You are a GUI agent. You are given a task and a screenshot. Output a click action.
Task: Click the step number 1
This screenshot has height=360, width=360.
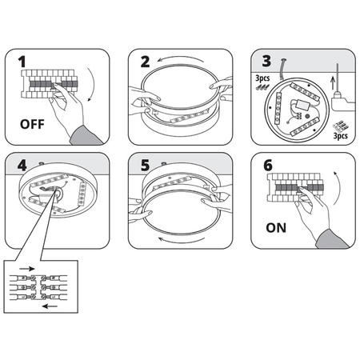22,62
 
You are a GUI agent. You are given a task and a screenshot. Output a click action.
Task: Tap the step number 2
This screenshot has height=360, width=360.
145,62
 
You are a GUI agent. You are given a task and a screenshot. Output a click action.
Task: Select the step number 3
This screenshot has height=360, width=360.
266,61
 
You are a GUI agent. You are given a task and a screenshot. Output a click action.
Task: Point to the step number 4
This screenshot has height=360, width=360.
22,166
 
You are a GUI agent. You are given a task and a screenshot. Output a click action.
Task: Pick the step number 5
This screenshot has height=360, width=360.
145,166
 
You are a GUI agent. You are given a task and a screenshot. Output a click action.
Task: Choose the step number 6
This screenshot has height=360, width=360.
268,166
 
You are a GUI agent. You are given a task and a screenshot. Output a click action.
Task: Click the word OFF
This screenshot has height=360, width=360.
32,124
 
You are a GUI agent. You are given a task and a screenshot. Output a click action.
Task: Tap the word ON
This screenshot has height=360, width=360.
276,228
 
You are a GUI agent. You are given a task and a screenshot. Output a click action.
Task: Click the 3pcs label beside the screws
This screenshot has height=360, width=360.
262,78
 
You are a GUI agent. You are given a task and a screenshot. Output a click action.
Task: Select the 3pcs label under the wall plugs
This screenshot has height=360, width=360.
341,136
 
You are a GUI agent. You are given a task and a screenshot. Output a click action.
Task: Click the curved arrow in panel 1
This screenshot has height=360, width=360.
94,85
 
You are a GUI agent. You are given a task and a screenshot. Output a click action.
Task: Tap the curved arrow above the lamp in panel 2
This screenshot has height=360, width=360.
181,57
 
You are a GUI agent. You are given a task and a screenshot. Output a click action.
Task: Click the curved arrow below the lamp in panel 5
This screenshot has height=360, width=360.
182,242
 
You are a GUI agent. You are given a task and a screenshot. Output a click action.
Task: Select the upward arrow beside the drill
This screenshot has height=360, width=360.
333,83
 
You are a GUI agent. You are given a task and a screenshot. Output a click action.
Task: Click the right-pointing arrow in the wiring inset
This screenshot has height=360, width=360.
27,269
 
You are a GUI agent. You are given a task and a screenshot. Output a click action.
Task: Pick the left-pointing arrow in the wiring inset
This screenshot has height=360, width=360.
50,306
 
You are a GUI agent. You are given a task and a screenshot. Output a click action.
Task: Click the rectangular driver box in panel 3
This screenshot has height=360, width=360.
302,104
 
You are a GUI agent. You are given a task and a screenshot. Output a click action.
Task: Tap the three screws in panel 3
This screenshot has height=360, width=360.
262,87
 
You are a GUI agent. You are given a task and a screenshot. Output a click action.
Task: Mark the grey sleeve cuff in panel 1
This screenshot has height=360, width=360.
86,136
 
